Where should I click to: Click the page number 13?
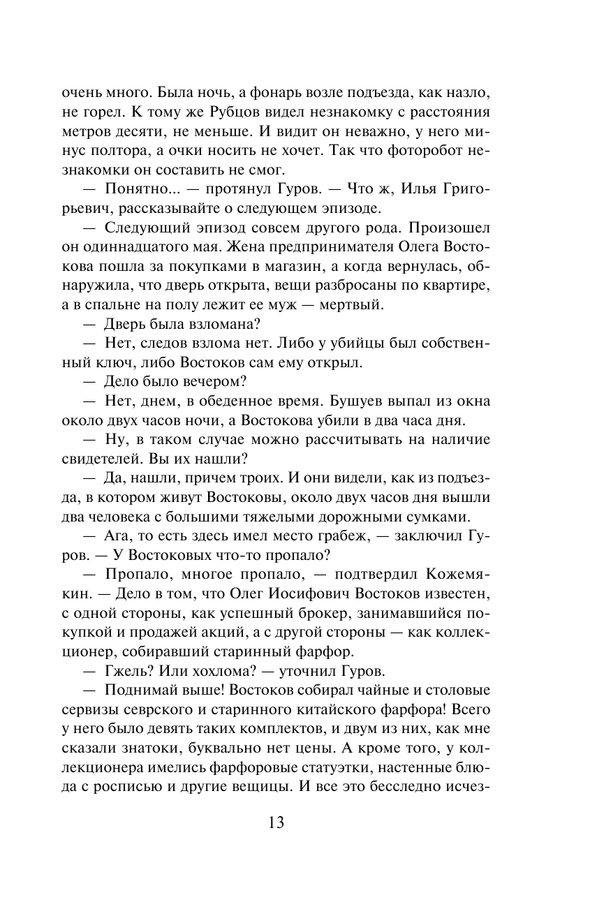[275, 822]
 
